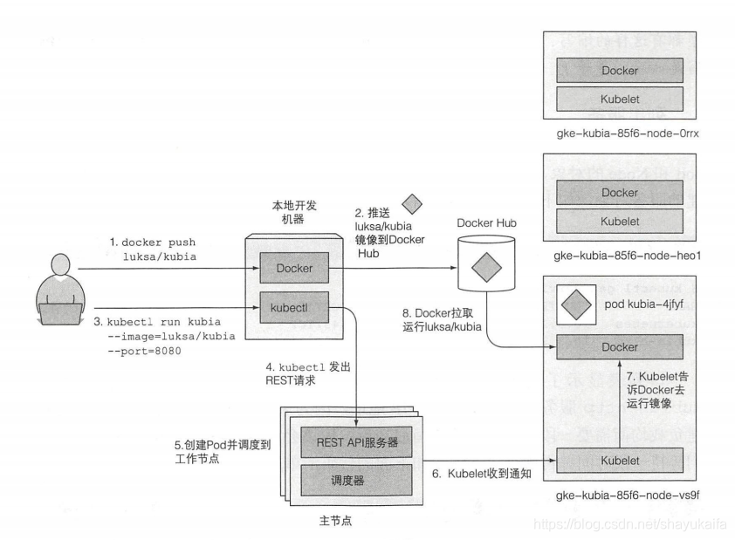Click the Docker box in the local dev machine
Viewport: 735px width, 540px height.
point(294,268)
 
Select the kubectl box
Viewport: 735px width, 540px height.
point(294,308)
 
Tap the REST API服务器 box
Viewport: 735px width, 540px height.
point(356,442)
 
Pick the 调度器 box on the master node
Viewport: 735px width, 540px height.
point(356,480)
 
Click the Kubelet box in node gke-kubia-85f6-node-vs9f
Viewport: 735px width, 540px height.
point(620,461)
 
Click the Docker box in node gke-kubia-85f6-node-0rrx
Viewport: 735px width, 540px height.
point(620,71)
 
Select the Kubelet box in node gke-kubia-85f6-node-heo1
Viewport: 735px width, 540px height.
point(620,221)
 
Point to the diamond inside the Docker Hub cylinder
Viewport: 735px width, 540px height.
point(486,268)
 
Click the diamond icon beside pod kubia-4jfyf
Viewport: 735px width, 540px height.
point(576,304)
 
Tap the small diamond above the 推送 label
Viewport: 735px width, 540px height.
point(412,204)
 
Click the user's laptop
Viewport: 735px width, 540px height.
point(59,314)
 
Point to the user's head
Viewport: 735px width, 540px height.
point(60,265)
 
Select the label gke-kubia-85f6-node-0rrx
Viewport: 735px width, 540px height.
point(627,133)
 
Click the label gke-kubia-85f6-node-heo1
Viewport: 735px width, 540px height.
point(627,256)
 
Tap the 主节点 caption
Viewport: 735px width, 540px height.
point(335,521)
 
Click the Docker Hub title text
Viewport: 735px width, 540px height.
point(486,223)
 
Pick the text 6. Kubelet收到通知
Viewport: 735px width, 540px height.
point(481,474)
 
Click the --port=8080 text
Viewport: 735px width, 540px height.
point(144,351)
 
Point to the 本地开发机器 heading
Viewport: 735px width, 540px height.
point(294,212)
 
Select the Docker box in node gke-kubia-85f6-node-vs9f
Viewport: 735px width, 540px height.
point(620,347)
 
